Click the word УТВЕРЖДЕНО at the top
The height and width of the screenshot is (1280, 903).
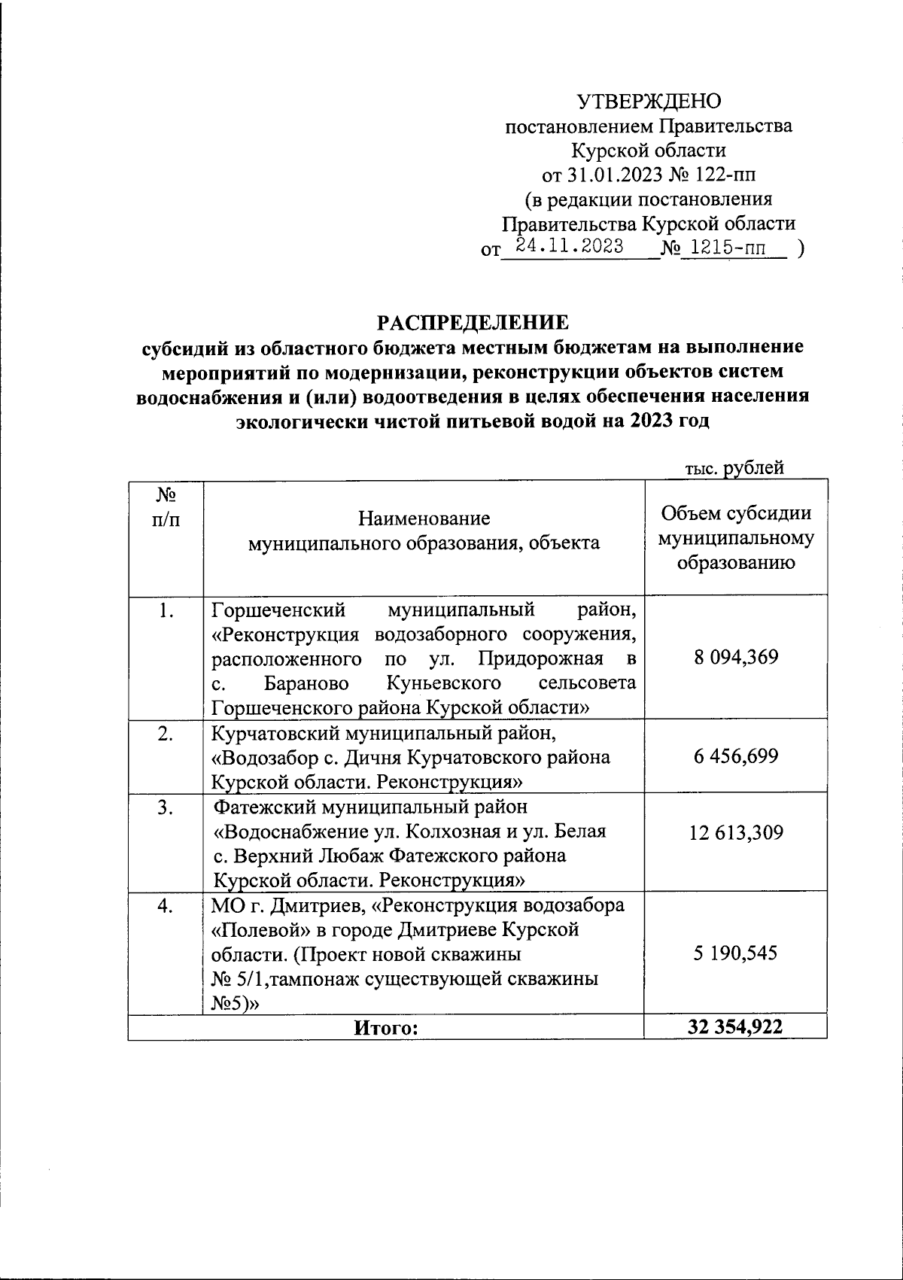point(648,102)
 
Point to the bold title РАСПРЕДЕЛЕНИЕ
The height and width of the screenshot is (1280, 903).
point(473,323)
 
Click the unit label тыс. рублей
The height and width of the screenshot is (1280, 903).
point(734,468)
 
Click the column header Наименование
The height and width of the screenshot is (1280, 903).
point(424,518)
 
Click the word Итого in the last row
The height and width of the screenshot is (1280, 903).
point(385,1027)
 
